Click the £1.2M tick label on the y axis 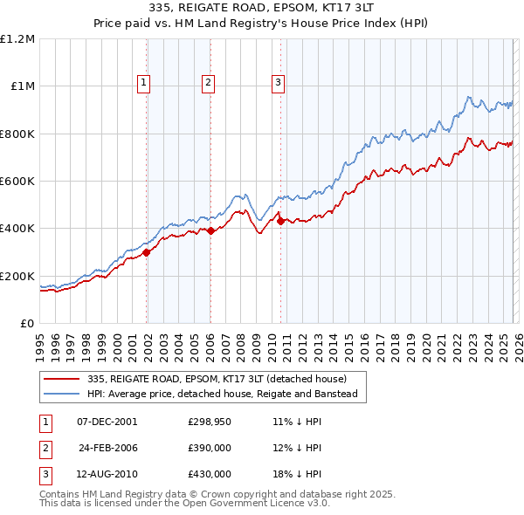click(17, 39)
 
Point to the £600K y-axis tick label click(17, 181)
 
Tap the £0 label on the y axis click(27, 323)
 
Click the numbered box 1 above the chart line click(143, 83)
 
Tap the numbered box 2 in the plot click(209, 83)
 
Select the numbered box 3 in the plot click(278, 83)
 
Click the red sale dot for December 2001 click(147, 252)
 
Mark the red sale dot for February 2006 click(211, 230)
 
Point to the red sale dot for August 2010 click(280, 222)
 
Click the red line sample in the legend click(63, 379)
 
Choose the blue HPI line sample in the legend click(63, 395)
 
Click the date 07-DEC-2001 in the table click(107, 421)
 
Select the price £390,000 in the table click(210, 447)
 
